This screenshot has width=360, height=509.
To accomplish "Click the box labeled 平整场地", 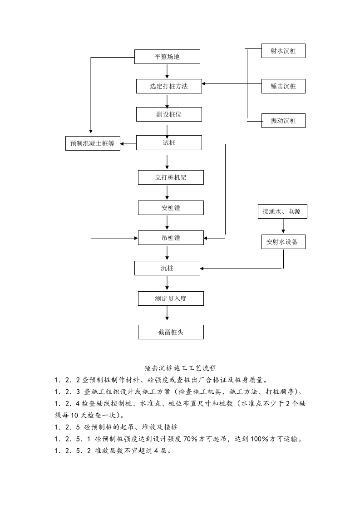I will pos(167,57).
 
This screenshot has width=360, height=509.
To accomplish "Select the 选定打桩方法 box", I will pos(169,86).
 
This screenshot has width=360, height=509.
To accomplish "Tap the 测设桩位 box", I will pos(169,114).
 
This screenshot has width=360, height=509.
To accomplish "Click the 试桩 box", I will pos(169,142).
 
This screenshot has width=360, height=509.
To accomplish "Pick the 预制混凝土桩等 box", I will pos(93,144).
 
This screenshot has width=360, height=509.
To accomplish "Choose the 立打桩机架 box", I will pos(171,177).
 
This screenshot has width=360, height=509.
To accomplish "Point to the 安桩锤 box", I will pos(171,208).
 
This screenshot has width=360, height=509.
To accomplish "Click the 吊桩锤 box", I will pos(171,237).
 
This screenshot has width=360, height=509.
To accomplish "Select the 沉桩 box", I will pos(167,268).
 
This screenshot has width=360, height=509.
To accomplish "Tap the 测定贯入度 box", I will pos(171,298).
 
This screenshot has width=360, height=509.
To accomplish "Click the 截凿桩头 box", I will pos(171,332).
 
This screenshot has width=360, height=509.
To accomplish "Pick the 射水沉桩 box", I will pos(283,51).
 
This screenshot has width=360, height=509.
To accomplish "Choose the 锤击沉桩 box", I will pos(283,86).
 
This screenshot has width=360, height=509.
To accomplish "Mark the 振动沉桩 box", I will pos(283,121).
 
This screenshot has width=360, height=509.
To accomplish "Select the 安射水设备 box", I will pos(283,242).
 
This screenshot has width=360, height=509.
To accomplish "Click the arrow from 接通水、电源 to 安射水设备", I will pos(284,226).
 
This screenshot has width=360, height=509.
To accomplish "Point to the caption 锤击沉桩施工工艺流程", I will pos(179,367).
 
